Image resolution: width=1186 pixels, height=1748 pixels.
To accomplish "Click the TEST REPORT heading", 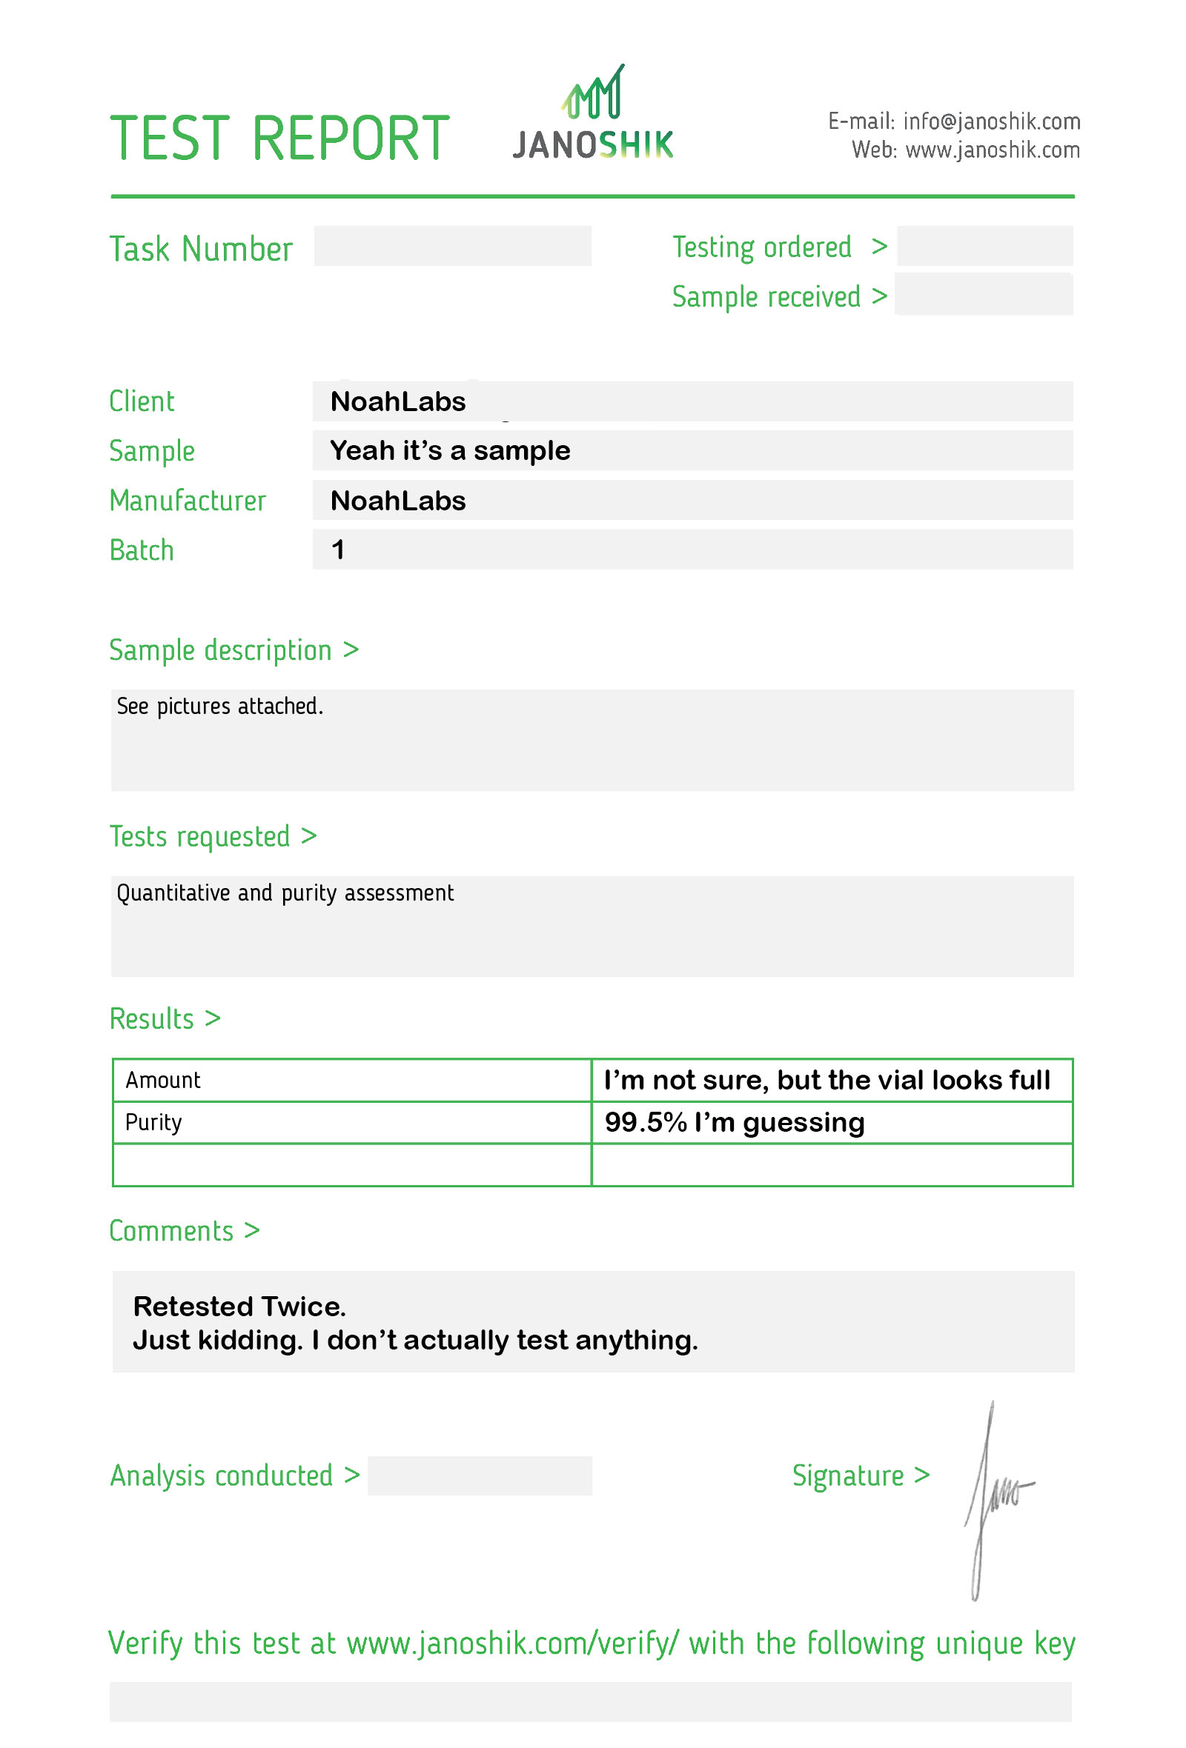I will point(279,139).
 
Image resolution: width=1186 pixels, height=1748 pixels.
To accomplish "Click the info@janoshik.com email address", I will point(991,121).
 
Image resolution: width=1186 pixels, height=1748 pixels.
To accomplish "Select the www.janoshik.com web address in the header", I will point(992,150).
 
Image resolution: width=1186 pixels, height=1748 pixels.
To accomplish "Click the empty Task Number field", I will point(451,246).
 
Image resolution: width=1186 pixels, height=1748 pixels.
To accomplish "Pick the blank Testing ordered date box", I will point(984,246).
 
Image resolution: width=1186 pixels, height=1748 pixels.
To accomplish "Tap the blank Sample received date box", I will point(983,295).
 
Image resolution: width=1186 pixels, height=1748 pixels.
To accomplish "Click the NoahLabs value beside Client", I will point(397,401).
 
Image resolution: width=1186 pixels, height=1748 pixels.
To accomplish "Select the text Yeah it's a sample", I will point(450,450).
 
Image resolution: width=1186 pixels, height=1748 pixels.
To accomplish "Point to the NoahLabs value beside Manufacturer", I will point(397,501).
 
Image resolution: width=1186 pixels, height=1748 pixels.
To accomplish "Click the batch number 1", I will point(338,550).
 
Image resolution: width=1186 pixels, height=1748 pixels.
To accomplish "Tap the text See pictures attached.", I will point(219,707).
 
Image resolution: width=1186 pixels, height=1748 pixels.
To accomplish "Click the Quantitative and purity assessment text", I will point(285,893).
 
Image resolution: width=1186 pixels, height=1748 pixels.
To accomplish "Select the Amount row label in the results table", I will point(162,1080).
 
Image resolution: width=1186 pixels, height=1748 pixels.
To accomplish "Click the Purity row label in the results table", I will point(153,1122).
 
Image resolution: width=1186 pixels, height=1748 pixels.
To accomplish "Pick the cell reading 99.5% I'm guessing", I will point(735,1122).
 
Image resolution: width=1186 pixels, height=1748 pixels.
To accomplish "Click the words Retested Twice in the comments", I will point(239,1307).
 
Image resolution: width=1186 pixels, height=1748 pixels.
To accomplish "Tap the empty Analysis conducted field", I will point(480,1475).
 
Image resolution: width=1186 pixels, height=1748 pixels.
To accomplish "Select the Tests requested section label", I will point(199,836).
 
